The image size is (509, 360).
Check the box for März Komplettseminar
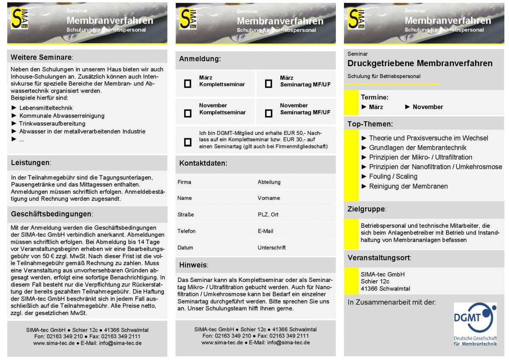click(x=187, y=84)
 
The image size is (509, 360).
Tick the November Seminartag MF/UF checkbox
click(x=268, y=113)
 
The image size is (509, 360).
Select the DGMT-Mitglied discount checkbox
click(x=187, y=142)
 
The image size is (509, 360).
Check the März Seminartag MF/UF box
click(x=268, y=84)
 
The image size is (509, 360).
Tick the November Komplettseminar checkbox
click(x=187, y=113)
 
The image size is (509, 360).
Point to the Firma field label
click(x=184, y=182)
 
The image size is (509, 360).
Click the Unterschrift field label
click(x=271, y=248)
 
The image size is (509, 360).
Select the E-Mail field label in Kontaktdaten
click(x=265, y=231)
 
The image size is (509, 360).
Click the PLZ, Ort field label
click(x=268, y=215)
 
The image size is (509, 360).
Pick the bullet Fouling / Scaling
click(x=393, y=176)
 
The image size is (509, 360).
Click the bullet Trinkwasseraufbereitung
click(x=52, y=123)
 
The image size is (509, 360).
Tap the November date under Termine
click(x=428, y=107)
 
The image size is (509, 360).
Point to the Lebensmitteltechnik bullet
click(x=46, y=108)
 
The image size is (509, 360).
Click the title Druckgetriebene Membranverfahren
click(x=420, y=64)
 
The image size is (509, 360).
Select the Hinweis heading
click(x=193, y=265)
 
